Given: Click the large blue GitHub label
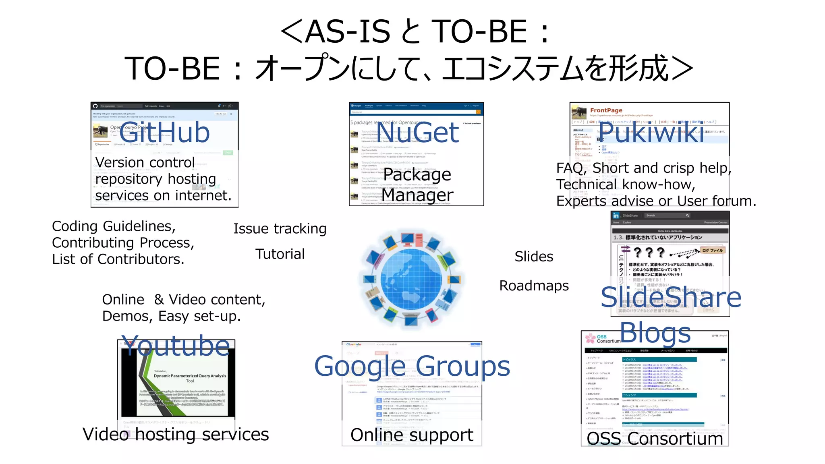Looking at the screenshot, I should (x=164, y=133).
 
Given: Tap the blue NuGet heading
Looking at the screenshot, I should (x=417, y=133).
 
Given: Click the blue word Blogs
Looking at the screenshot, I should (x=655, y=333).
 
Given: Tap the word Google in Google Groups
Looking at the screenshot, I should (x=360, y=367).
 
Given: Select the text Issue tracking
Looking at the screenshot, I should (x=280, y=229).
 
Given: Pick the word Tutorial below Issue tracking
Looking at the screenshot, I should (x=280, y=254).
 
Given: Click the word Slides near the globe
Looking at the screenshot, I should (x=534, y=257).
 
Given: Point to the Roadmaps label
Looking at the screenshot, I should (x=534, y=286).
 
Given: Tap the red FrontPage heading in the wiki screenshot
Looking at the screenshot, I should (x=606, y=110).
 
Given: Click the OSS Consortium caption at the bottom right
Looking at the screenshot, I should (x=655, y=439).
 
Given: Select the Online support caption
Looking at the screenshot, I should (x=412, y=435).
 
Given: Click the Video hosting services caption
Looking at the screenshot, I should (x=176, y=434).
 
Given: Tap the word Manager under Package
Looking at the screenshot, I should (x=417, y=195).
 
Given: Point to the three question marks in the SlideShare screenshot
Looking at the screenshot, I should (x=649, y=253).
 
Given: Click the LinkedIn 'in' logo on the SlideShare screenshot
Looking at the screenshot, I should (x=616, y=216).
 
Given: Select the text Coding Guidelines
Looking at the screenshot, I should (x=114, y=226).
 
